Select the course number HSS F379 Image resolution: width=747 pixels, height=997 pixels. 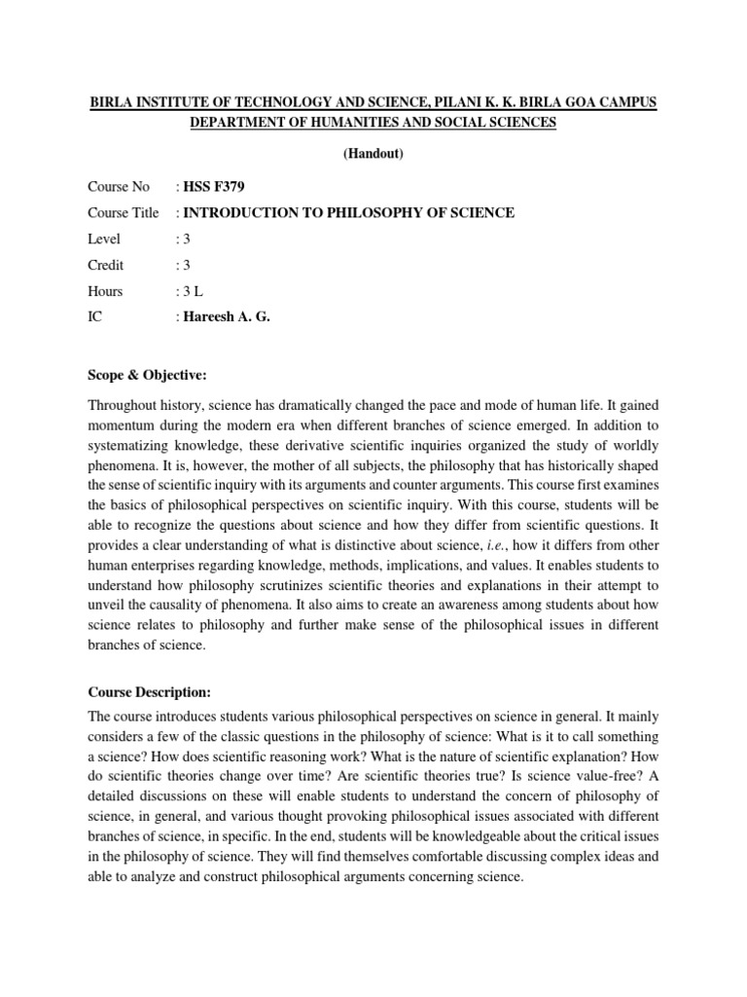[x=210, y=187]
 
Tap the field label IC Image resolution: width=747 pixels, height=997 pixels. [x=94, y=317]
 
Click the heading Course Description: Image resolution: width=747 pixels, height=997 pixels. [x=149, y=692]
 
